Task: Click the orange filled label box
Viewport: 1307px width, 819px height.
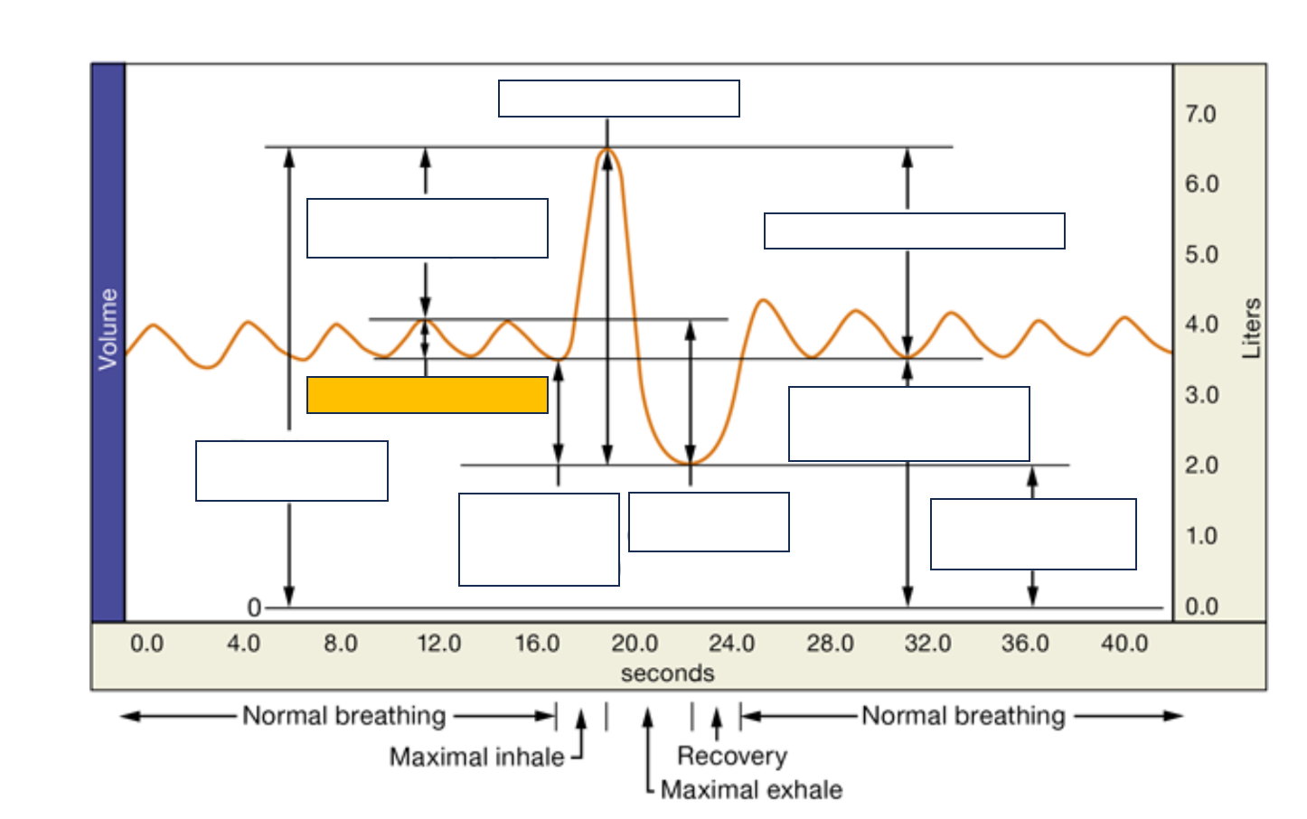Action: pyautogui.click(x=428, y=395)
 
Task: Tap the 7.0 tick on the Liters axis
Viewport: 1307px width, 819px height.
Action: pyautogui.click(x=1200, y=115)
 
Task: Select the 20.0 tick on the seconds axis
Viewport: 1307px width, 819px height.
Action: pyautogui.click(x=635, y=644)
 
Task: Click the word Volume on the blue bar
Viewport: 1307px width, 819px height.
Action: pyautogui.click(x=108, y=329)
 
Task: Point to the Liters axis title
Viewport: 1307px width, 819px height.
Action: pyautogui.click(x=1252, y=328)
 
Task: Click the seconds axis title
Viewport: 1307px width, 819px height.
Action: pyautogui.click(x=667, y=673)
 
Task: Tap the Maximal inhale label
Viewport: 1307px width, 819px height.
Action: pyautogui.click(x=476, y=757)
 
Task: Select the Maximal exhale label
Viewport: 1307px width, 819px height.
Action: pyautogui.click(x=751, y=790)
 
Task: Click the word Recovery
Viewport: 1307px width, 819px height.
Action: pyautogui.click(x=732, y=756)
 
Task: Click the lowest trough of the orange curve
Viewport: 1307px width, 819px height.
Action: pyautogui.click(x=690, y=463)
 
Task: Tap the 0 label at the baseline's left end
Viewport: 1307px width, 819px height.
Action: pyautogui.click(x=254, y=607)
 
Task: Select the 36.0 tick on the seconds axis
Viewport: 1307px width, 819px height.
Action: pyautogui.click(x=1025, y=644)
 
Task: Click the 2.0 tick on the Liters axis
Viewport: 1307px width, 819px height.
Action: pyautogui.click(x=1201, y=466)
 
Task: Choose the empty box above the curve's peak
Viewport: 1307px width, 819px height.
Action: pyautogui.click(x=619, y=99)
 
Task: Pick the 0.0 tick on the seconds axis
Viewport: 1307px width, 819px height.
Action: pyautogui.click(x=147, y=644)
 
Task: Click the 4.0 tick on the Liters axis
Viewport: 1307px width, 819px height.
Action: pyautogui.click(x=1201, y=325)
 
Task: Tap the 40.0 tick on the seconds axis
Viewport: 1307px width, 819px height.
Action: pyautogui.click(x=1124, y=644)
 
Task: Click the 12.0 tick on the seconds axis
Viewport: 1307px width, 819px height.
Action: pyautogui.click(x=439, y=644)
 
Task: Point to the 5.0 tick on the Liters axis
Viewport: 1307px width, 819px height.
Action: pyautogui.click(x=1201, y=255)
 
